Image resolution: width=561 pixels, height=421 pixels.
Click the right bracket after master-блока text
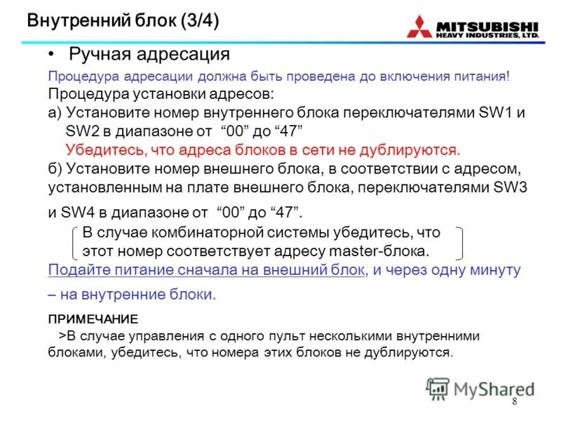[459, 242]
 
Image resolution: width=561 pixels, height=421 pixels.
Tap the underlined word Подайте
[76, 270]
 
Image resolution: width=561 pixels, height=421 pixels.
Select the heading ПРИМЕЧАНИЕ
[93, 318]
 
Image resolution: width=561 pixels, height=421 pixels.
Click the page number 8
[514, 401]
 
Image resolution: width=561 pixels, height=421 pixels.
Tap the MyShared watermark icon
[438, 388]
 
